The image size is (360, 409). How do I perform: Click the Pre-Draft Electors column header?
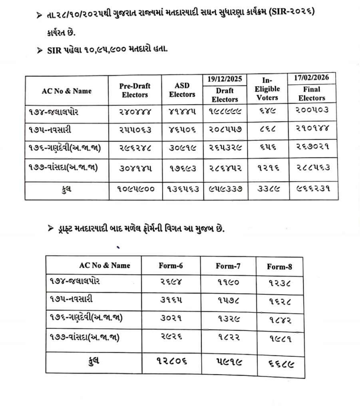click(x=135, y=91)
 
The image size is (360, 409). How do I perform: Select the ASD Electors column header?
click(x=182, y=90)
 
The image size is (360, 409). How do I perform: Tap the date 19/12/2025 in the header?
click(x=225, y=79)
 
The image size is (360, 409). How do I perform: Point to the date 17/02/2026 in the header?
click(x=312, y=77)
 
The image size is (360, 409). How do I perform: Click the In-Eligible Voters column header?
click(x=267, y=89)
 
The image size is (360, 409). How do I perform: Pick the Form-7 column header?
click(x=227, y=266)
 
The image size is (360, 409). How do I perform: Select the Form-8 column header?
click(x=279, y=267)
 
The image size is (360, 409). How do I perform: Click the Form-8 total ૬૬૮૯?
click(x=279, y=363)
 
